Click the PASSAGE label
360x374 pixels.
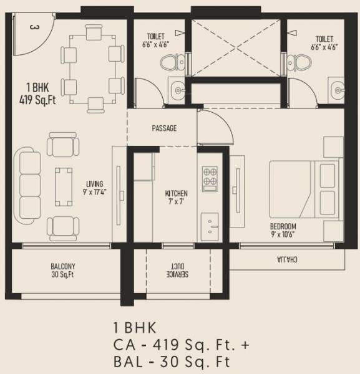[164, 128]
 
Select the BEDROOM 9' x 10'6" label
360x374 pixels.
[283, 230]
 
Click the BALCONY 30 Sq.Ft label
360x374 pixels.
[62, 270]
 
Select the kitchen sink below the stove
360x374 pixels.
[209, 221]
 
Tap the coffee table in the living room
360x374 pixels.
[62, 186]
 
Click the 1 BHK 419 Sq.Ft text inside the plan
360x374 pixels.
[38, 92]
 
